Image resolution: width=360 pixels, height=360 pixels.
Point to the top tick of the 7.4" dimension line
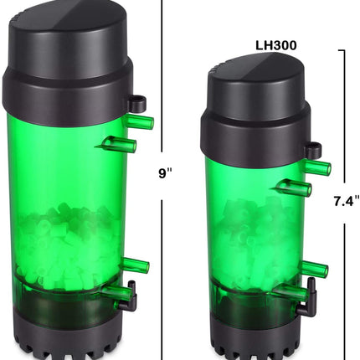pyautogui.click(x=343, y=52)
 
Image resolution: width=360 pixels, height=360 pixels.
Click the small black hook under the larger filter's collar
pyautogui.click(x=136, y=104)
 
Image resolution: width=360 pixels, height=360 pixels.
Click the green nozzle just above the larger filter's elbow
pyautogui.click(x=136, y=266)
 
